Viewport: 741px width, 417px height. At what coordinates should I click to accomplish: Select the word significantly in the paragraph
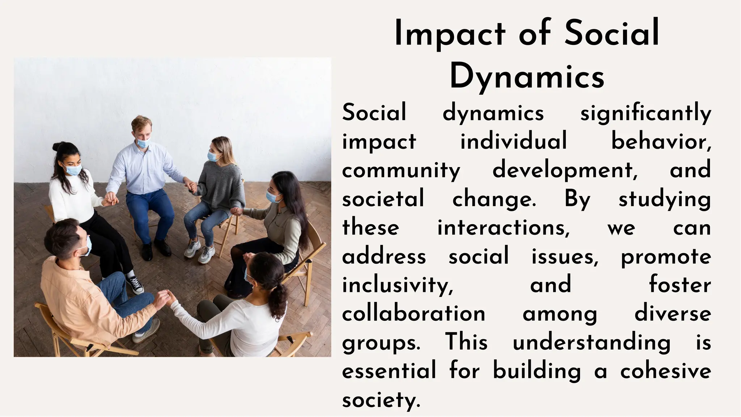click(x=645, y=113)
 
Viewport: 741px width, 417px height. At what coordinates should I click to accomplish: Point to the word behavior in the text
click(x=660, y=141)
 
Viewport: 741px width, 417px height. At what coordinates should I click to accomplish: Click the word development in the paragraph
click(x=564, y=170)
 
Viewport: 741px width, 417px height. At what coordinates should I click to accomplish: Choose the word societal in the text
click(x=383, y=199)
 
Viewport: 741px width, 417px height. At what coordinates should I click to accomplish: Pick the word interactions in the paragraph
click(x=503, y=228)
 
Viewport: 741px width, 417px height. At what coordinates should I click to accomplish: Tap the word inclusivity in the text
click(x=397, y=285)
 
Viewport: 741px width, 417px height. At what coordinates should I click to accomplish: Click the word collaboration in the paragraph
click(x=414, y=314)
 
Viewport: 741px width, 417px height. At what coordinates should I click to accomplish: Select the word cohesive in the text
click(x=665, y=371)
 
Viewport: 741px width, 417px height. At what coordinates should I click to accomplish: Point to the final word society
click(x=381, y=400)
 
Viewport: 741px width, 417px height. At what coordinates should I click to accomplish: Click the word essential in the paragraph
click(x=389, y=371)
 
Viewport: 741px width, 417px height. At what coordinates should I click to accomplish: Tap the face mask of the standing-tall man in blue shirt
click(x=144, y=142)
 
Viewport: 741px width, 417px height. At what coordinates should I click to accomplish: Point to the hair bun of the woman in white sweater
click(x=57, y=146)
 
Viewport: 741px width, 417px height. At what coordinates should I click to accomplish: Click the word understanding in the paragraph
click(x=592, y=342)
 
